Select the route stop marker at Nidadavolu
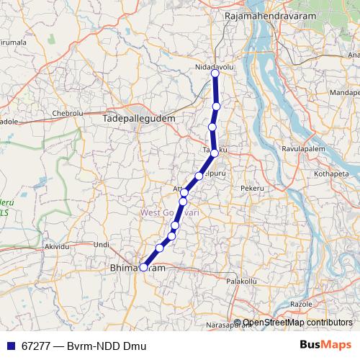[x=215, y=73]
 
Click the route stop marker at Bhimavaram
[x=143, y=267]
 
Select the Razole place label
[x=301, y=305]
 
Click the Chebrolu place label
[x=68, y=114]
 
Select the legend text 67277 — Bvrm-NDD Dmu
[x=83, y=346]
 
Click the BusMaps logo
[x=325, y=346]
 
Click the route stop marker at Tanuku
[x=215, y=153]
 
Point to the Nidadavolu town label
[x=215, y=66]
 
